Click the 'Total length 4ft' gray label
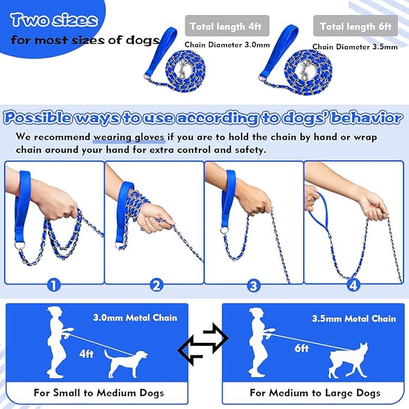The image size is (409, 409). [x=226, y=27]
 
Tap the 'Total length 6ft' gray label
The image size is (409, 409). [x=355, y=27]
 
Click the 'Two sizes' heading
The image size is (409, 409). [x=54, y=20]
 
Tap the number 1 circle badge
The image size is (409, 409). [x=54, y=284]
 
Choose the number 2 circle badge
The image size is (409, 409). [x=155, y=284]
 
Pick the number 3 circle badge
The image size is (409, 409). [x=254, y=284]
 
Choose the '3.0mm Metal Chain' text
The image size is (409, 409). [x=135, y=317]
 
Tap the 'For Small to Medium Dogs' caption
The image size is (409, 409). [x=99, y=393]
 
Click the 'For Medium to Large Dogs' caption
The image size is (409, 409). [x=315, y=393]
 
